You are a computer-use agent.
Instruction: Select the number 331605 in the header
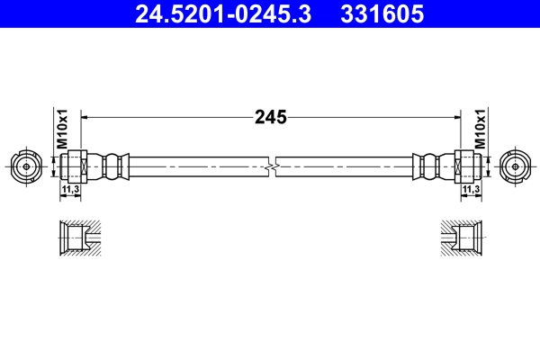pyautogui.click(x=380, y=13)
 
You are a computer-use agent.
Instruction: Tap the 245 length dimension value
pyautogui.click(x=271, y=117)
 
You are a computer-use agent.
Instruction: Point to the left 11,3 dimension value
pyautogui.click(x=69, y=191)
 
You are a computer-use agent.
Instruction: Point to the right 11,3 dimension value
pyautogui.click(x=470, y=191)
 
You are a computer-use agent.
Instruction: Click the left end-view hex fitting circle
pyautogui.click(x=27, y=166)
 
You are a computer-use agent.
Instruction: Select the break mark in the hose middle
pyautogui.click(x=271, y=166)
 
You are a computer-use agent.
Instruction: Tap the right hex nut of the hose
pyautogui.click(x=466, y=166)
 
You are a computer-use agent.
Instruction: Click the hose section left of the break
pyautogui.click(x=198, y=166)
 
